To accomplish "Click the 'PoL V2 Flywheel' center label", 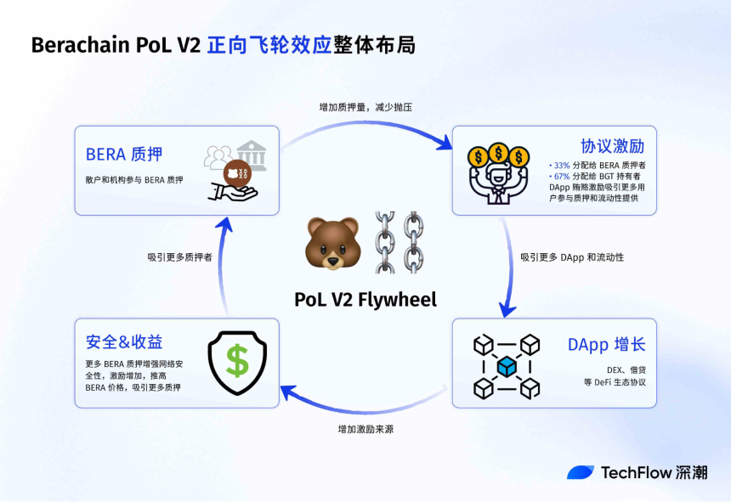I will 365,299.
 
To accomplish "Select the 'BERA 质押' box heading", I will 123,155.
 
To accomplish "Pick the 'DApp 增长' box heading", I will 606,345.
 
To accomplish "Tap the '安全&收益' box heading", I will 124,341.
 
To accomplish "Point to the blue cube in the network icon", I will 507,367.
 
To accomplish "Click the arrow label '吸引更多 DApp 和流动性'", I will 572,257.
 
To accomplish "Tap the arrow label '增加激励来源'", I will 365,429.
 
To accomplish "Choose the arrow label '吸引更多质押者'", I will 179,257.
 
